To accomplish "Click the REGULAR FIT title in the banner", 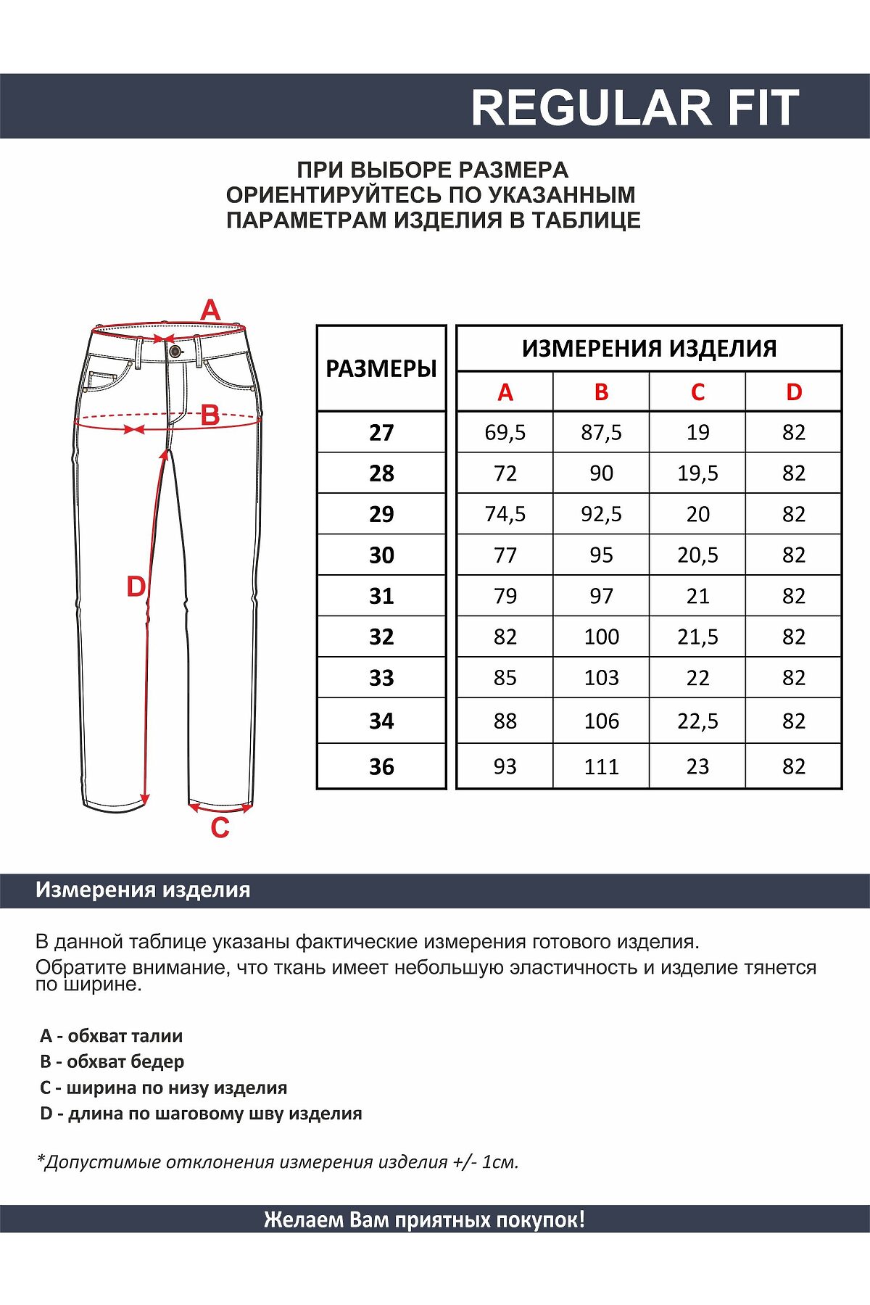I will [634, 108].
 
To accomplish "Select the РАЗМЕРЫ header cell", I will [381, 368].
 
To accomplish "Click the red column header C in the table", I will [697, 392].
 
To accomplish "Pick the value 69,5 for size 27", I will [505, 433].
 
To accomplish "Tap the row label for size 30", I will [381, 555].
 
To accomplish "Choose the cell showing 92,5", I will [601, 514].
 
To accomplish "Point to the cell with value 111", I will [601, 766].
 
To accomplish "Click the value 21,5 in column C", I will [697, 637].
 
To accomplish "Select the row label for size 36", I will [381, 766].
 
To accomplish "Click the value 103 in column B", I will [601, 678].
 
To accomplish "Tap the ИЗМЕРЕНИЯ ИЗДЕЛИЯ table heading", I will [649, 349].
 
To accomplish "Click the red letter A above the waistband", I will [210, 310].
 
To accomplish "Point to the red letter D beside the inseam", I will [136, 587].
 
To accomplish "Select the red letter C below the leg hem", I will [220, 827].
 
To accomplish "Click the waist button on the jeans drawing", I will [175, 352].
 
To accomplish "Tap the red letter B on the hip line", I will [210, 415].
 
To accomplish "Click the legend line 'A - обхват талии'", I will [112, 1036].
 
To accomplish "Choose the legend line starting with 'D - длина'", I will [201, 1114].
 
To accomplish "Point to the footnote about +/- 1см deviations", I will [278, 1162].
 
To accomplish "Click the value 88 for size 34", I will [505, 721].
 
